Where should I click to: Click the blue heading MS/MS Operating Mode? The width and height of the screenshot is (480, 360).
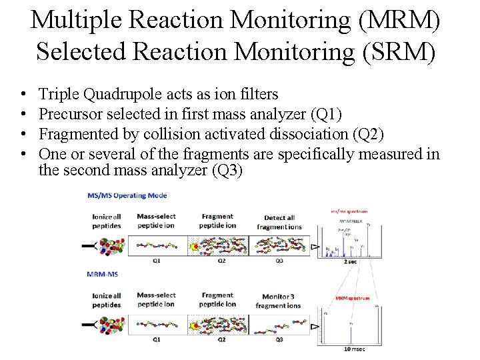pos(127,195)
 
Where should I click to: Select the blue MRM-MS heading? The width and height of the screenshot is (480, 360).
pos(103,274)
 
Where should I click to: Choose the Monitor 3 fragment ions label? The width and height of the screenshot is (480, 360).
pos(277,301)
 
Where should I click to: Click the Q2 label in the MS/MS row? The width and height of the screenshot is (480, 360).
pos(221,261)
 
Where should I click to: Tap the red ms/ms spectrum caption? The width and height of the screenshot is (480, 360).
pos(349,211)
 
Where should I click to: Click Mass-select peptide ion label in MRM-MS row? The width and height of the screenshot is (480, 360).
pos(156,299)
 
